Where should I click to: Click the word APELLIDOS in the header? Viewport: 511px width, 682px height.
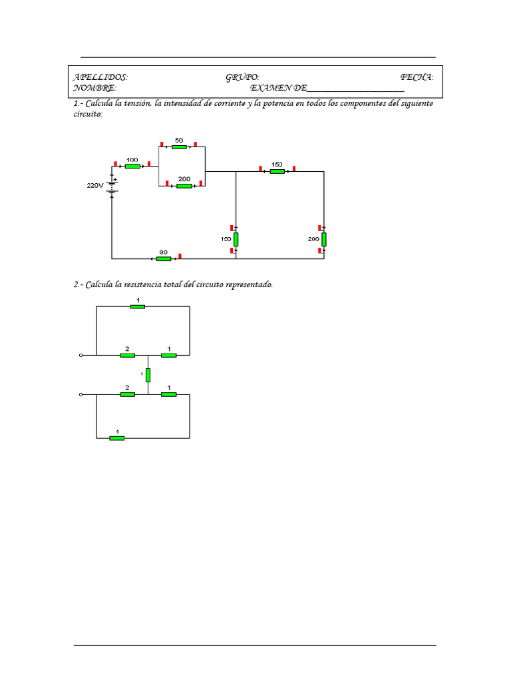pos(100,78)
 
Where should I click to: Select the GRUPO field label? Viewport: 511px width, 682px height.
pos(242,78)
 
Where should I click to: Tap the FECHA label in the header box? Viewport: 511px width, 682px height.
pos(417,78)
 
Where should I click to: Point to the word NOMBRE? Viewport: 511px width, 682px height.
pos(94,88)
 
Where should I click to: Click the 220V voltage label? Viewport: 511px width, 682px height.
pos(94,186)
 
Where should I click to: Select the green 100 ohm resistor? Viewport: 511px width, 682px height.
pos(132,166)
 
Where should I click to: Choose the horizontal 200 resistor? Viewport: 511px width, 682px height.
pos(184,186)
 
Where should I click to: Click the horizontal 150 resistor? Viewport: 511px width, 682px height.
pos(277,171)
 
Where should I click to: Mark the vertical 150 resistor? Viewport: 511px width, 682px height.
pos(236,239)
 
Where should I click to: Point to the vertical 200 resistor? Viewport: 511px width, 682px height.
pos(324,239)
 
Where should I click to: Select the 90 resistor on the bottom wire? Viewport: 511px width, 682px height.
pos(163,258)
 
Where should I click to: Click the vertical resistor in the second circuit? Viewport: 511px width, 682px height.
pos(148,375)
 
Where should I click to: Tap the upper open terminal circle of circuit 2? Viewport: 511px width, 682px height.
pos(82,355)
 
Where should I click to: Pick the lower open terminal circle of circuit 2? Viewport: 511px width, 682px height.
pos(82,394)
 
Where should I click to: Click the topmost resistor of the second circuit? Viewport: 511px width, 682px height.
pos(138,306)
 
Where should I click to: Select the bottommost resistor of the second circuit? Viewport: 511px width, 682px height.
pos(117,438)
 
